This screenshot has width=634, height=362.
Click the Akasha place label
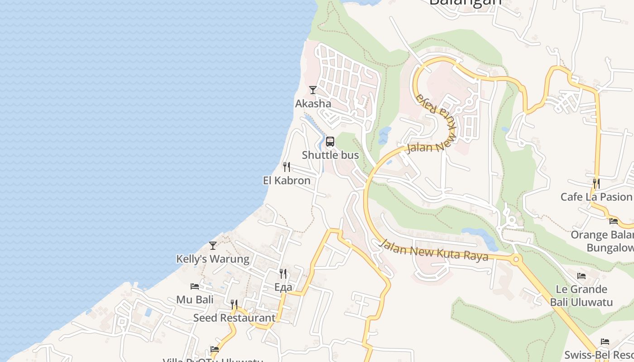coord(313,104)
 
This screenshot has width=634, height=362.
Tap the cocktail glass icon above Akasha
coord(312,90)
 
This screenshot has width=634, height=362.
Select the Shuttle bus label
coord(330,155)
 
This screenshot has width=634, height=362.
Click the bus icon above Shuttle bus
coord(330,142)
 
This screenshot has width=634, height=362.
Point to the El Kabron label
coord(287,181)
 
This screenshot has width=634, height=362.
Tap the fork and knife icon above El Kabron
coord(286,167)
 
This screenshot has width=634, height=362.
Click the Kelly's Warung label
coord(212,259)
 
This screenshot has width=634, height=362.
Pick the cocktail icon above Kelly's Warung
coord(212,246)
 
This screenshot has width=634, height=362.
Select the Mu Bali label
coord(195,300)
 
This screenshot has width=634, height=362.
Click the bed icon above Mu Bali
coord(195,286)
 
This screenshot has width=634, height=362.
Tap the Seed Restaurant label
coord(234,318)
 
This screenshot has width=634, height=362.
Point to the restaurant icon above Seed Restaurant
coord(234,304)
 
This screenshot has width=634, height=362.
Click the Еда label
coord(283,287)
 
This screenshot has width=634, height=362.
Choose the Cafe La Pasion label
coord(596,197)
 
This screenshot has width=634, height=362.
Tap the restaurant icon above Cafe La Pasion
coord(596,183)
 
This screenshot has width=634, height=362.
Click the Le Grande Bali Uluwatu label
coord(581,295)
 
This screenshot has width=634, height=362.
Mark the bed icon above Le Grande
coord(581,276)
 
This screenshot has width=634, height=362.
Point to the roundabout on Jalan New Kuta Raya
coord(515,260)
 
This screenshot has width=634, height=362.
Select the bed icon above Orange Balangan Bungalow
coord(614,221)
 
